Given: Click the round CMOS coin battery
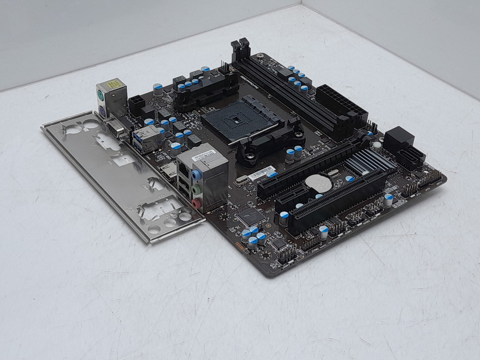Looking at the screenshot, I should pyautogui.click(x=315, y=183).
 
